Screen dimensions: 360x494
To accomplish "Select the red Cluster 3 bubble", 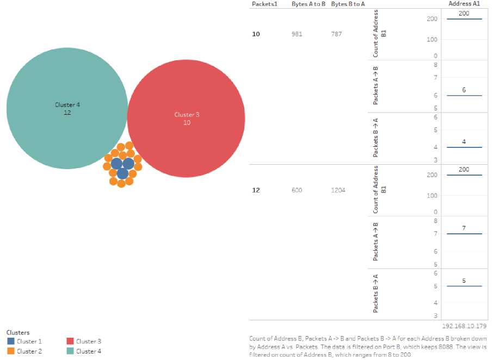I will pos(186,119).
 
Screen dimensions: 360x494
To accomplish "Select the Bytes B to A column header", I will pos(348,4).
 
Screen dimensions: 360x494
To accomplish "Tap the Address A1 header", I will pos(464,4).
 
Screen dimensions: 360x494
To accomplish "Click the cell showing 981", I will pos(297,34).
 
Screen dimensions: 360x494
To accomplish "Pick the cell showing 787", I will pos(336,34).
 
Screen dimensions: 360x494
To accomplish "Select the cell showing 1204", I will pos(338,190).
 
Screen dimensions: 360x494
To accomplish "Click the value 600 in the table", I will pos(297,190).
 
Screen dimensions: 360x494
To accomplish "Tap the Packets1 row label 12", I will pos(256,190).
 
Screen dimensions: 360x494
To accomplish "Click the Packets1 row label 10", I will pos(256,34).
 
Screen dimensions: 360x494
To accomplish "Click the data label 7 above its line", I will pos(464,228).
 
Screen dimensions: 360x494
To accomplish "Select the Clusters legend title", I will pos(18,332).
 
